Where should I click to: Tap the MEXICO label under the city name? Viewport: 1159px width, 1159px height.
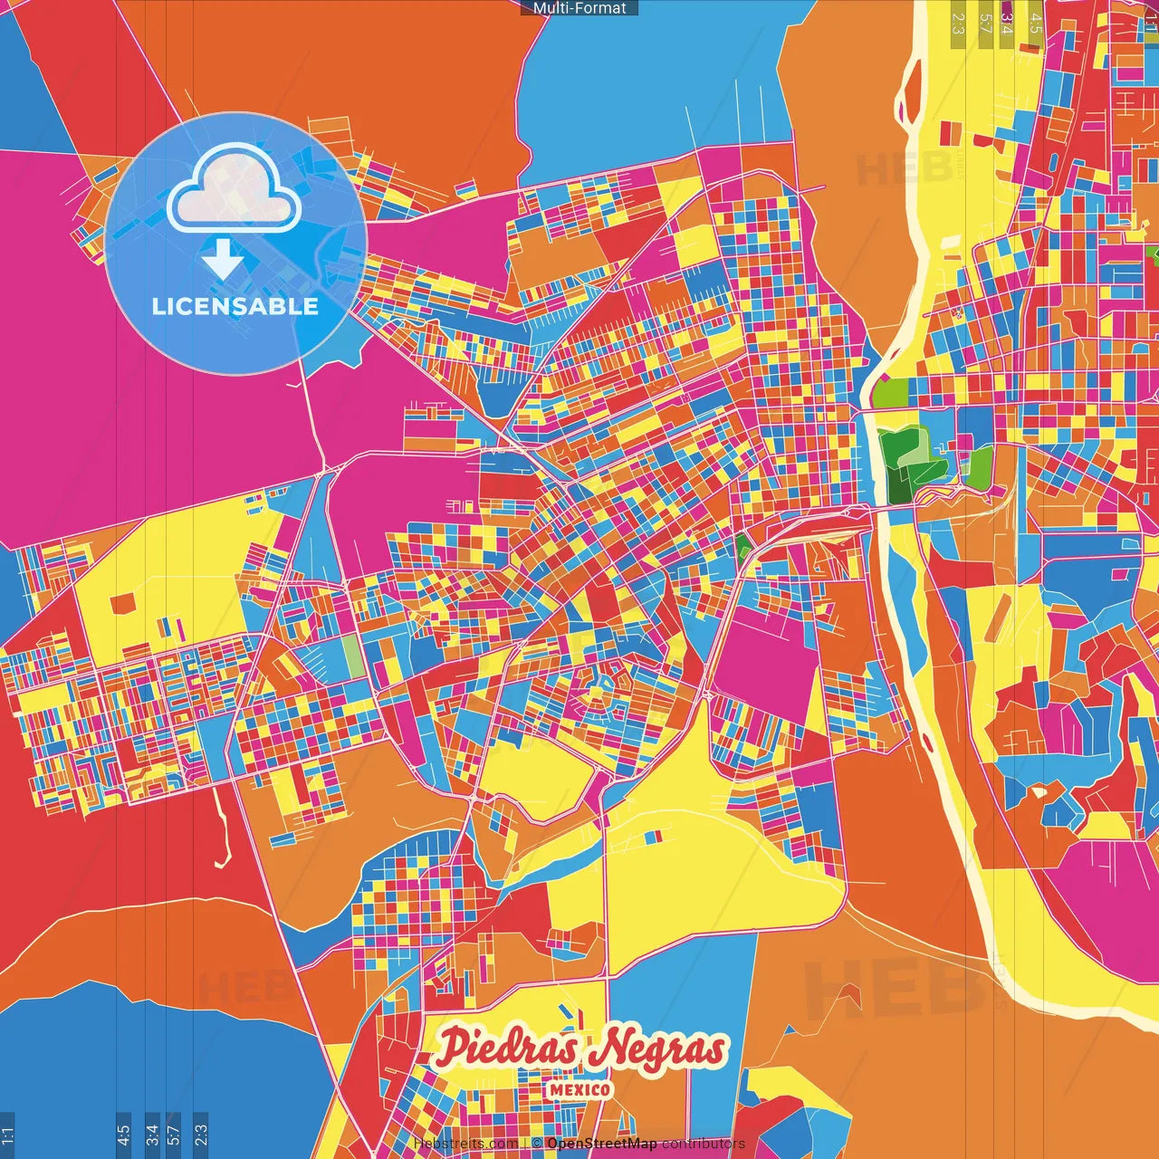(x=579, y=1089)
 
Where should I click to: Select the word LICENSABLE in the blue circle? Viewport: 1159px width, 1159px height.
(x=235, y=306)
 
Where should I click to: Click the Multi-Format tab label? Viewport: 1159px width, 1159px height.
(x=579, y=8)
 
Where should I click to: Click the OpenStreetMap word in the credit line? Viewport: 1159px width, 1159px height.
(x=601, y=1144)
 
